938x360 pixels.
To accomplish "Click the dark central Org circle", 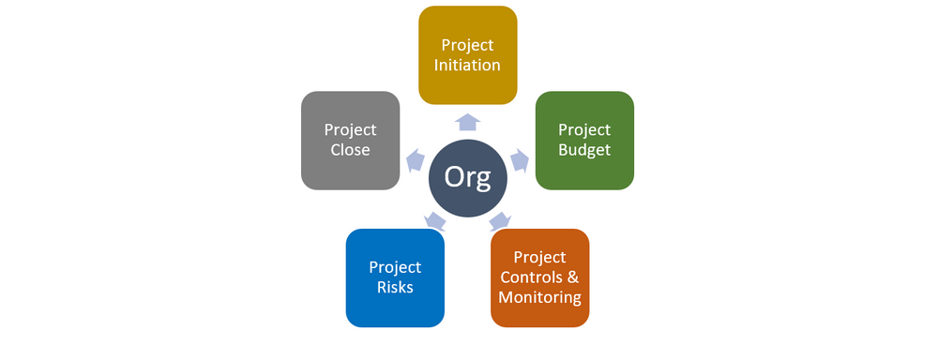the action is coord(467,178).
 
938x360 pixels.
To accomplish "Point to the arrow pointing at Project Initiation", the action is coord(467,121).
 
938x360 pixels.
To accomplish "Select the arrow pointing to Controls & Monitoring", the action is coord(500,221).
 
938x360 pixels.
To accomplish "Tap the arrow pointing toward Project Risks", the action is coord(434,221).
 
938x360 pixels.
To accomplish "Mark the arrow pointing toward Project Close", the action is coord(414,158).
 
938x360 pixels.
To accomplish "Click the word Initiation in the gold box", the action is coord(467,66).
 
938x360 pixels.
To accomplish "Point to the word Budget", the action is coord(583,150).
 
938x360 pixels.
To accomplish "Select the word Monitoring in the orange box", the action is coord(539,298).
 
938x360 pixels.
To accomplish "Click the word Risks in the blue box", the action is coord(395,288).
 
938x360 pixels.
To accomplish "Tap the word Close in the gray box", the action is coord(350,150).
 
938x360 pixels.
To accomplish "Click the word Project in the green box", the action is coord(583,129).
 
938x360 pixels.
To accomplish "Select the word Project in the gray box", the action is coord(350,129).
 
